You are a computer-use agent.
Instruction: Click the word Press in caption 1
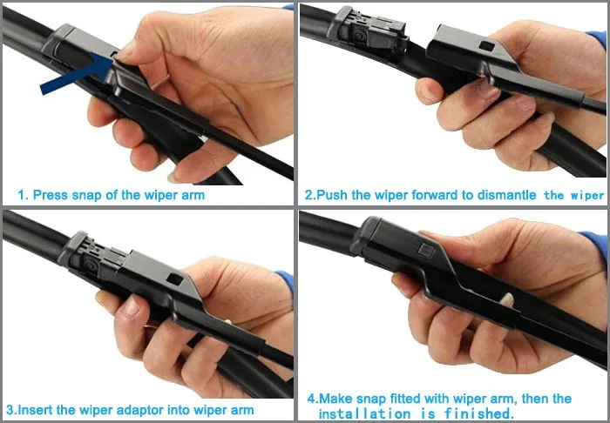pos(51,195)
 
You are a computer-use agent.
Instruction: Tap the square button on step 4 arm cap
pos(427,251)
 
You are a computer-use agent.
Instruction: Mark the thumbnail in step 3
pos(130,306)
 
